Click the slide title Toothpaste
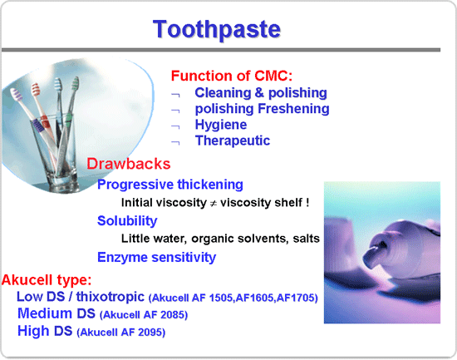(x=217, y=30)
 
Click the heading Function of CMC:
(x=232, y=76)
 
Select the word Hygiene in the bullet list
(x=221, y=125)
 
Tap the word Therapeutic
(x=233, y=141)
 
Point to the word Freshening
(x=293, y=109)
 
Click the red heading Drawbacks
(x=129, y=164)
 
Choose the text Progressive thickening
(x=170, y=185)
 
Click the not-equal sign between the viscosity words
(x=214, y=204)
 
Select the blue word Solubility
(x=127, y=221)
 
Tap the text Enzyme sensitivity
(x=156, y=257)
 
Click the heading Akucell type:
(x=47, y=280)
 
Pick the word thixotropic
(x=111, y=297)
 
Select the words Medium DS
(x=57, y=313)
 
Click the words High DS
(x=45, y=331)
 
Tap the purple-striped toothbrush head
(x=17, y=95)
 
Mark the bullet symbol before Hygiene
(x=175, y=126)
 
